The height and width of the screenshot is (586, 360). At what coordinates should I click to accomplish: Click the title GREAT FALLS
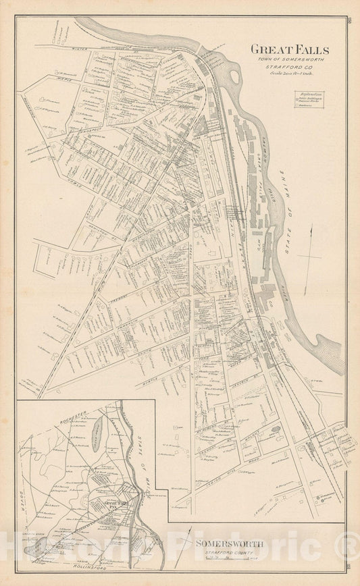tap(290, 49)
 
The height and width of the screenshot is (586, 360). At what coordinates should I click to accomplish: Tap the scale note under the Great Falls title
tap(290, 74)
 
